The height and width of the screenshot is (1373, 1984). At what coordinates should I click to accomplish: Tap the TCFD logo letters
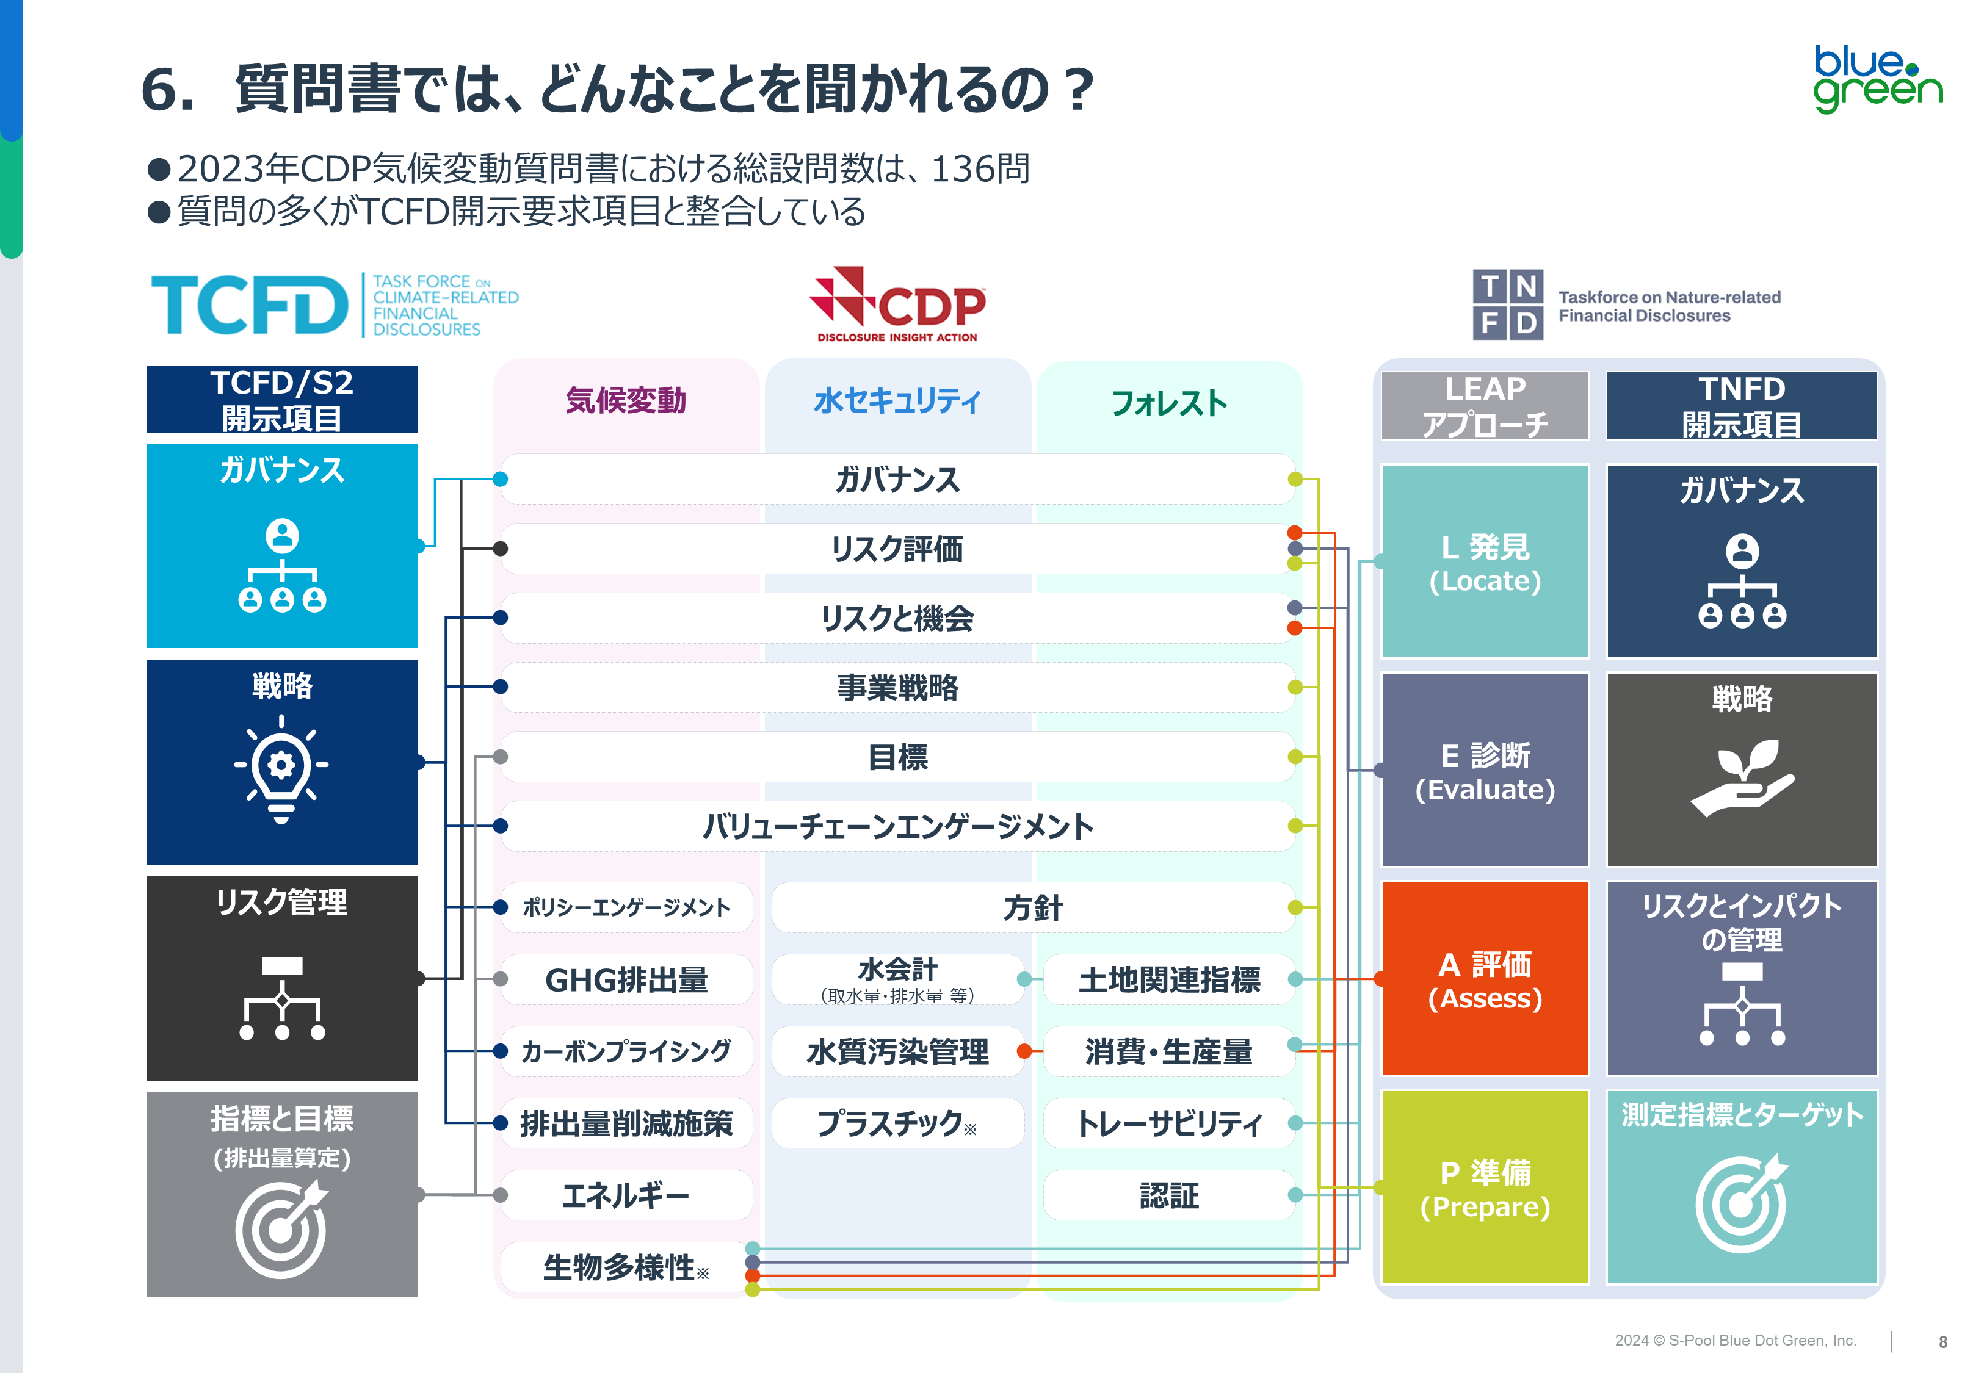(x=250, y=305)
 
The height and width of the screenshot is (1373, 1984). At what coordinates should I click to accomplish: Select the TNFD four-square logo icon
(x=1507, y=305)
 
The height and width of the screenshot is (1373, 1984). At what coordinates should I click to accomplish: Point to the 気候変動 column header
(x=626, y=401)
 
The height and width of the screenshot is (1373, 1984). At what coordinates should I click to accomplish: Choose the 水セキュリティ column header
(x=897, y=401)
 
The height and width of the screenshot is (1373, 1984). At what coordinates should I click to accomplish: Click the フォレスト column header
(x=1168, y=403)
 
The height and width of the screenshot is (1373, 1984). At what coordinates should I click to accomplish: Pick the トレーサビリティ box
(x=1168, y=1123)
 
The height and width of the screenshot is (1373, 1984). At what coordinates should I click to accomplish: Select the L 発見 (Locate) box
(x=1485, y=563)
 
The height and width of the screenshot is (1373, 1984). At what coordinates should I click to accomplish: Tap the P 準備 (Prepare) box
(x=1485, y=1188)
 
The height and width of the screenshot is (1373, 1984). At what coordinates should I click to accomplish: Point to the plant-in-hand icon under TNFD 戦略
(x=1742, y=777)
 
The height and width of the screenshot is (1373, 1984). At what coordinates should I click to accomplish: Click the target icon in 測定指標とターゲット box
(x=1742, y=1203)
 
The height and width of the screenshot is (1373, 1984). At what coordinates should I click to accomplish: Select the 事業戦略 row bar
(x=897, y=687)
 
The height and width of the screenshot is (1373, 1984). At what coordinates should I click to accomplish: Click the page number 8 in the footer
(x=1942, y=1341)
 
